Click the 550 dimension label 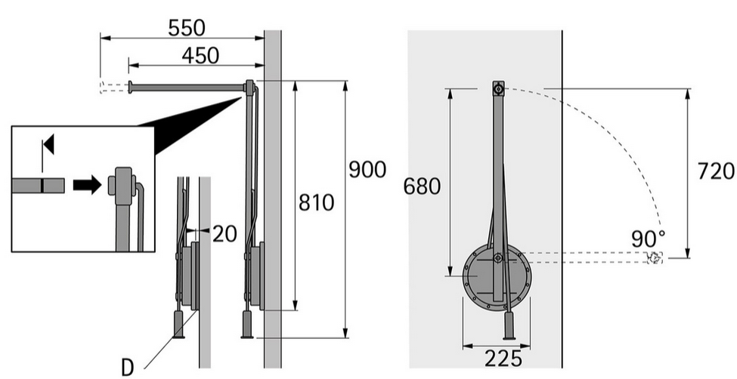tap(187, 28)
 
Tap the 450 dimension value tap(200, 56)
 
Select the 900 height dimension tap(367, 169)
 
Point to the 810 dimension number tap(316, 202)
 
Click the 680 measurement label tap(422, 186)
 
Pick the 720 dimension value tap(716, 171)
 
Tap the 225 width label tap(503, 359)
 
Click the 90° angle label tap(648, 239)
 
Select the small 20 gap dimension tap(225, 234)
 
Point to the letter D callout tap(128, 368)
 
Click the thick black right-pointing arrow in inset tap(87, 184)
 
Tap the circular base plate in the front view tap(497, 277)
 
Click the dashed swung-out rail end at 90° tap(655, 257)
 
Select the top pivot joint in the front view tap(498, 88)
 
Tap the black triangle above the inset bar tap(49, 144)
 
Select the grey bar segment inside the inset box tap(38, 186)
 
